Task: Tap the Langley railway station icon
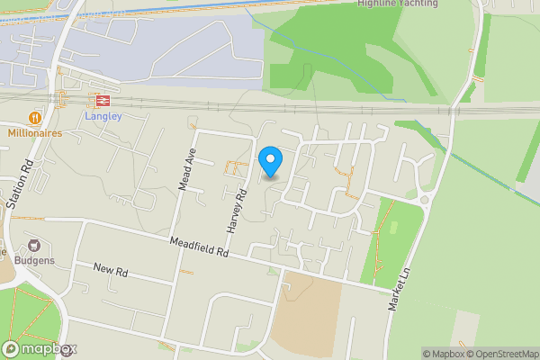tap(102, 102)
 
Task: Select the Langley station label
tap(102, 117)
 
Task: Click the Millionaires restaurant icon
tap(35, 117)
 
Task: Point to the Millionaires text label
tap(34, 132)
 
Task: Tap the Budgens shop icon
tap(35, 246)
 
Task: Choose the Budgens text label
tap(35, 261)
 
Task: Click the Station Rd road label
tap(19, 185)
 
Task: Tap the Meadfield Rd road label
tap(200, 249)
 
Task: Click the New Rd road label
tap(112, 270)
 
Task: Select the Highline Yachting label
tap(397, 4)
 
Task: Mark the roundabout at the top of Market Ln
tap(425, 199)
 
